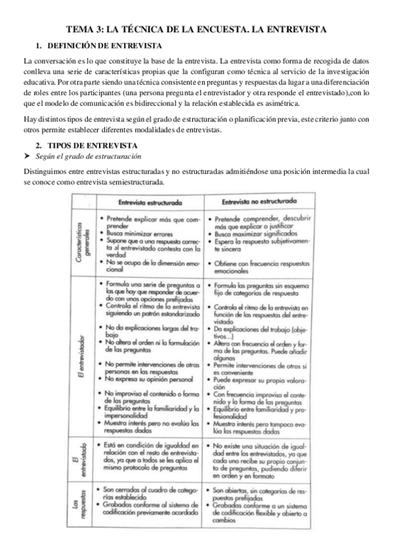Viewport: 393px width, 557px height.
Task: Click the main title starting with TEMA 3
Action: pyautogui.click(x=196, y=30)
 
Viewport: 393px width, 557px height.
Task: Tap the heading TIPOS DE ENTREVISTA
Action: pyautogui.click(x=93, y=145)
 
